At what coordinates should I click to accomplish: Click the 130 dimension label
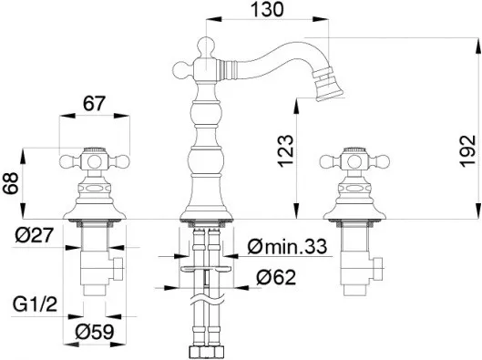point(267,9)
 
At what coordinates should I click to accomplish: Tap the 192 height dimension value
point(467,150)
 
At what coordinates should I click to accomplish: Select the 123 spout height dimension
point(286,150)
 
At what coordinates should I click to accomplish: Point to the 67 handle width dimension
point(94,104)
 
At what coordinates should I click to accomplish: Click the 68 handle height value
point(12,183)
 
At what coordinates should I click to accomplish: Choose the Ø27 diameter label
point(35,236)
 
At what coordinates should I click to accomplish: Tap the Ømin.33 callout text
point(287,247)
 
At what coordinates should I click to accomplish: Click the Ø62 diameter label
point(276,277)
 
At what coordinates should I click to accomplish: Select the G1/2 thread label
point(35,304)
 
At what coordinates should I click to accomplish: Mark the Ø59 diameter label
point(94,332)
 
